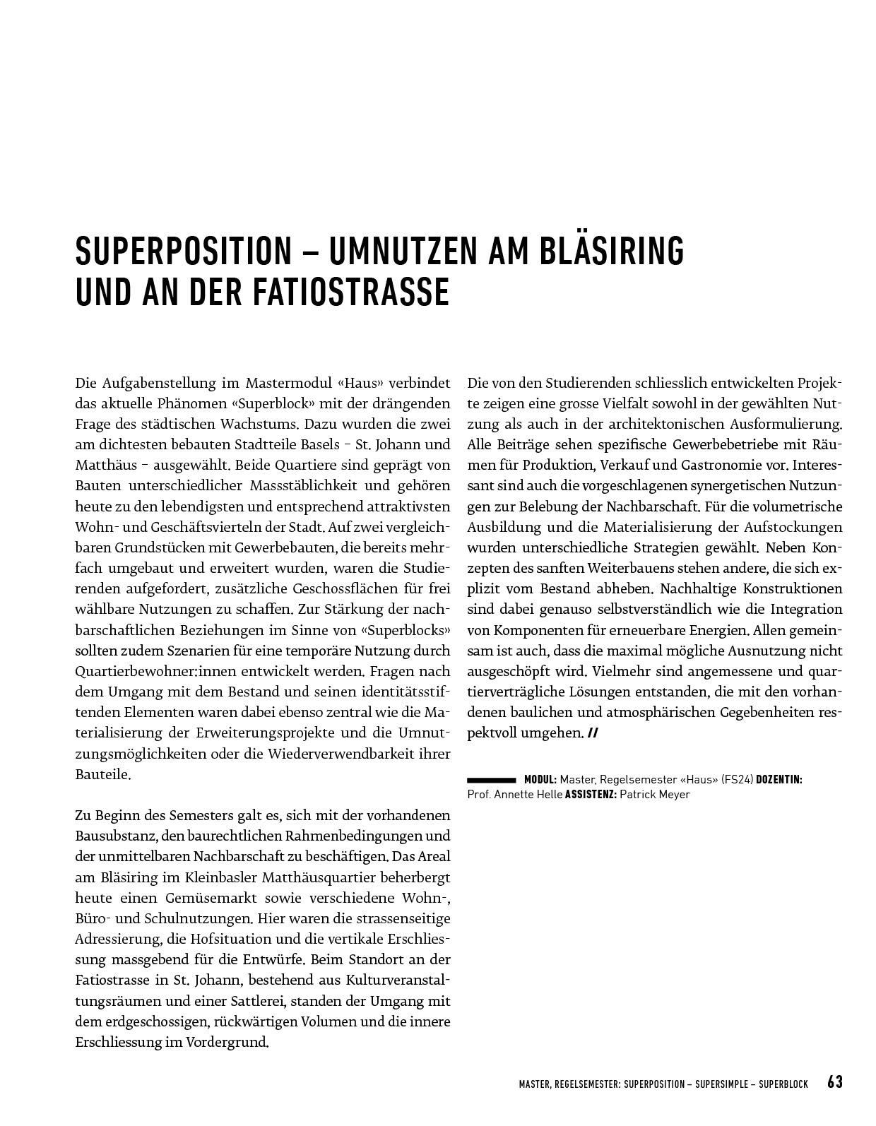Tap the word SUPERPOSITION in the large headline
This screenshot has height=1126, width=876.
(183, 250)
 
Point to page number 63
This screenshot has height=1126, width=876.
(835, 1082)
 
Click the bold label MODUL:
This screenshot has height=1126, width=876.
(540, 780)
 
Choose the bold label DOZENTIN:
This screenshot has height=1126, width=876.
(779, 780)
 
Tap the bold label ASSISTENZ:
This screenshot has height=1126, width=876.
(591, 795)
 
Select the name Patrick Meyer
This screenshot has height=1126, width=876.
(654, 795)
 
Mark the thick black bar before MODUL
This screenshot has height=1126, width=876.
(492, 780)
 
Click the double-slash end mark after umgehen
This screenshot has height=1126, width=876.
(592, 733)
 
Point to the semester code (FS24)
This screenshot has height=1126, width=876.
(738, 780)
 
